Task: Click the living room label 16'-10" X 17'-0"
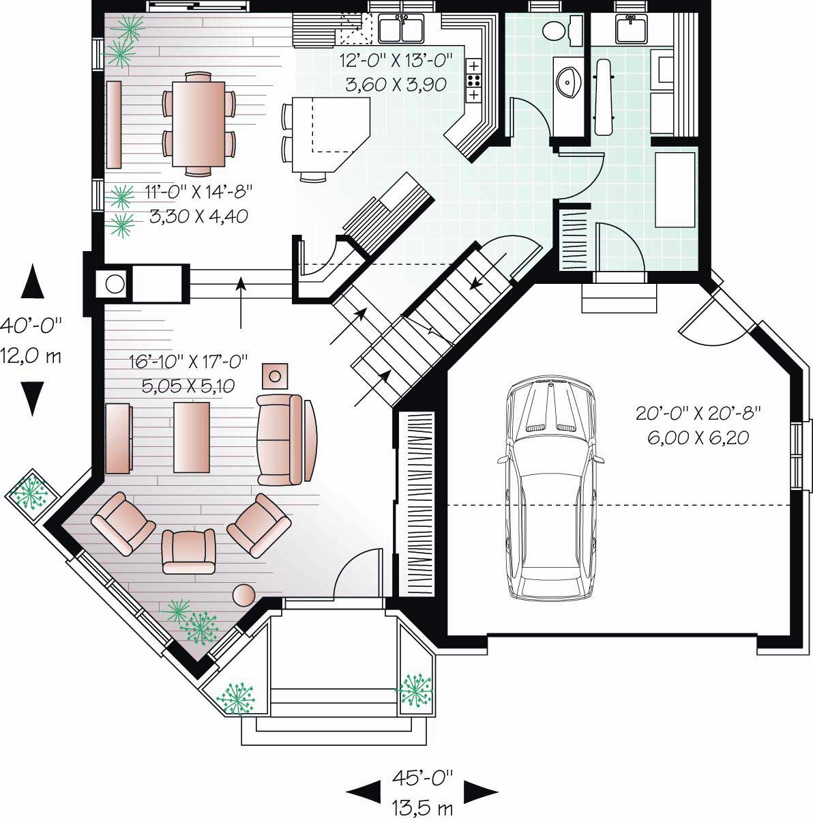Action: point(188,362)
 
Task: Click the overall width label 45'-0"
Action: point(422,777)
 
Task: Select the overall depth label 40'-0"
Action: point(31,324)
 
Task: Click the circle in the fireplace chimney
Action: point(116,283)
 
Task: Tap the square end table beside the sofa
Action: point(276,375)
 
